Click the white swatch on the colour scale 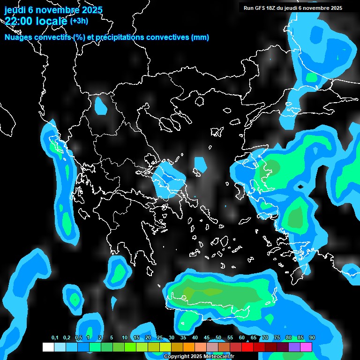pyautogui.click(x=48, y=347)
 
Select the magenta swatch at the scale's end pyautogui.click(x=306, y=347)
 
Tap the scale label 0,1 pyautogui.click(x=54, y=338)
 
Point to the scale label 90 pyautogui.click(x=312, y=338)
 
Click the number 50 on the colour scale pyautogui.click(x=218, y=338)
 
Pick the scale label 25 pyautogui.click(x=160, y=338)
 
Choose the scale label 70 pyautogui.click(x=265, y=338)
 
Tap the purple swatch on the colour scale pyautogui.click(x=294, y=347)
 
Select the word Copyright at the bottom pyautogui.click(x=177, y=357)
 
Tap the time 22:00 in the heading pyautogui.click(x=19, y=21)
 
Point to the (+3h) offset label pyautogui.click(x=79, y=21)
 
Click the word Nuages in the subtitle pyautogui.click(x=18, y=37)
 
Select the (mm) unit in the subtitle pyautogui.click(x=200, y=37)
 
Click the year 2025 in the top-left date pyautogui.click(x=89, y=10)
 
